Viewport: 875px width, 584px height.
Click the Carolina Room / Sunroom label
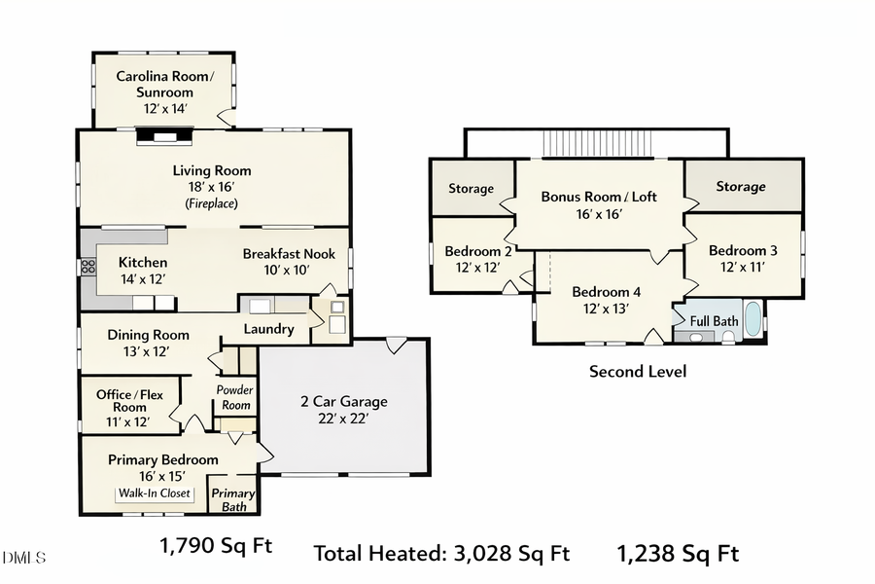164,84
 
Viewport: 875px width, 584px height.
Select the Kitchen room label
143,262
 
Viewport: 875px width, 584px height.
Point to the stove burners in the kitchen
87,265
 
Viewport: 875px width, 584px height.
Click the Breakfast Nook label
289,254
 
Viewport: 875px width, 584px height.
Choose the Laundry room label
268,329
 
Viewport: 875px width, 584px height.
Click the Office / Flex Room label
128,401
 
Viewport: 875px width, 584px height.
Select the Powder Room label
234,397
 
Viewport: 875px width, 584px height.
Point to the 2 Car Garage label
342,401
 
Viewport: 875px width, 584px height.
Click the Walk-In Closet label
155,493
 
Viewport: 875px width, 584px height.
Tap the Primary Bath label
233,499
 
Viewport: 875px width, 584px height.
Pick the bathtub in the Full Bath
753,319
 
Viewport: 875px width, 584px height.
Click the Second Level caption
638,371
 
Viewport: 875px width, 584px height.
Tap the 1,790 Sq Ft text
215,546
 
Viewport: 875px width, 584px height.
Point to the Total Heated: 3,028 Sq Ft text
440,554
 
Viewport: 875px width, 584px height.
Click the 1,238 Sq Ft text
678,554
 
